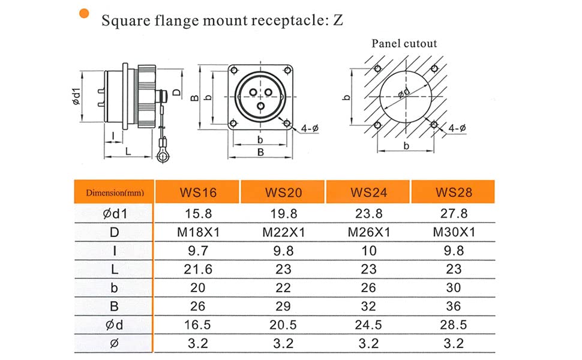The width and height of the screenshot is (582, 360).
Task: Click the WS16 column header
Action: pos(198,192)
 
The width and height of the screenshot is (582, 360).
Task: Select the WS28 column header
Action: pos(454,192)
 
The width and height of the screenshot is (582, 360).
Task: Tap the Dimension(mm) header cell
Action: pos(115,192)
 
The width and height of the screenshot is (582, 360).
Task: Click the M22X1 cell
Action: pos(284,232)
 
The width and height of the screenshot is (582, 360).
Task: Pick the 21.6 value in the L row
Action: pos(198,269)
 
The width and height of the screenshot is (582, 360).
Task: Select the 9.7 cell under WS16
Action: pos(198,251)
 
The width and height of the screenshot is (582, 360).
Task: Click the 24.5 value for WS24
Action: pos(368,325)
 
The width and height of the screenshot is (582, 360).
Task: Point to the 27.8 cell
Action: pos(454,214)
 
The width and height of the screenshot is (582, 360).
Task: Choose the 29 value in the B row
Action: pos(283,306)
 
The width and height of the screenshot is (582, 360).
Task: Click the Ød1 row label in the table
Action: pos(115,214)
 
